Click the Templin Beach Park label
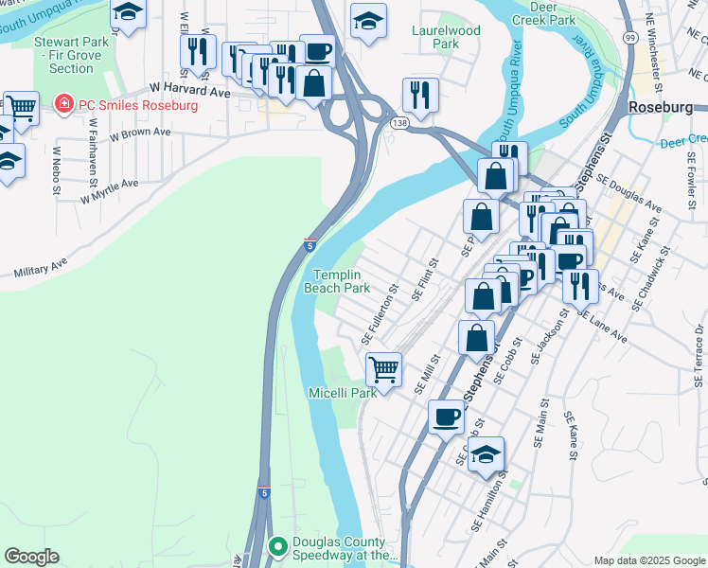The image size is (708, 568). [x=342, y=280]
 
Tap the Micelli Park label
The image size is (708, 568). [x=342, y=392]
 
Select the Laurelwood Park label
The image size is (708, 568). [x=446, y=37]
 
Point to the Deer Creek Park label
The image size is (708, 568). [x=543, y=12]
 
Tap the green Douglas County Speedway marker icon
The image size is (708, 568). [x=278, y=546]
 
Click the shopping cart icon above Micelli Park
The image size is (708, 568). [x=383, y=367]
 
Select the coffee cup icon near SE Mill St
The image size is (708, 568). [x=446, y=416]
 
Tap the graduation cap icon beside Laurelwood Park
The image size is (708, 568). [x=368, y=20]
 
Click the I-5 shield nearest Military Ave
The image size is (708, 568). [x=310, y=245]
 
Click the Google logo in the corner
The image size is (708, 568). [x=31, y=557]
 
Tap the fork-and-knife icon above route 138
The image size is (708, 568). [x=419, y=95]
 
